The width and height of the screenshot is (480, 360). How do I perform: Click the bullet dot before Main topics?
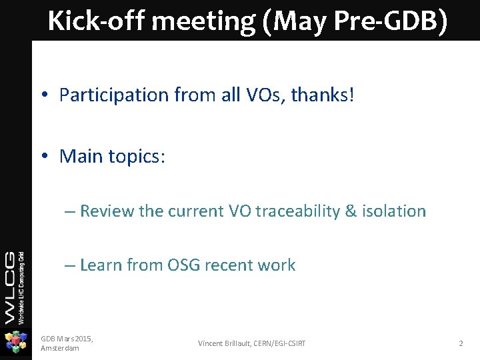(x=44, y=157)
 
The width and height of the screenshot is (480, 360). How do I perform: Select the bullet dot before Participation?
(x=44, y=95)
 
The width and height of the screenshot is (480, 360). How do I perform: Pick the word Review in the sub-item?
(x=107, y=211)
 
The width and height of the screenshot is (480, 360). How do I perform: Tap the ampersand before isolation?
(x=351, y=211)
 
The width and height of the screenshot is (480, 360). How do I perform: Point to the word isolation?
(x=394, y=211)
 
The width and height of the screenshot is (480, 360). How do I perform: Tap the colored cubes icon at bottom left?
(x=16, y=342)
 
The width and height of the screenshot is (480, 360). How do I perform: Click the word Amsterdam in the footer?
(x=59, y=348)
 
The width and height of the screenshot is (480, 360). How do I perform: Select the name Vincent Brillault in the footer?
(x=224, y=343)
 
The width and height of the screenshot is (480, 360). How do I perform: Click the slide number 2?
(x=461, y=343)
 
